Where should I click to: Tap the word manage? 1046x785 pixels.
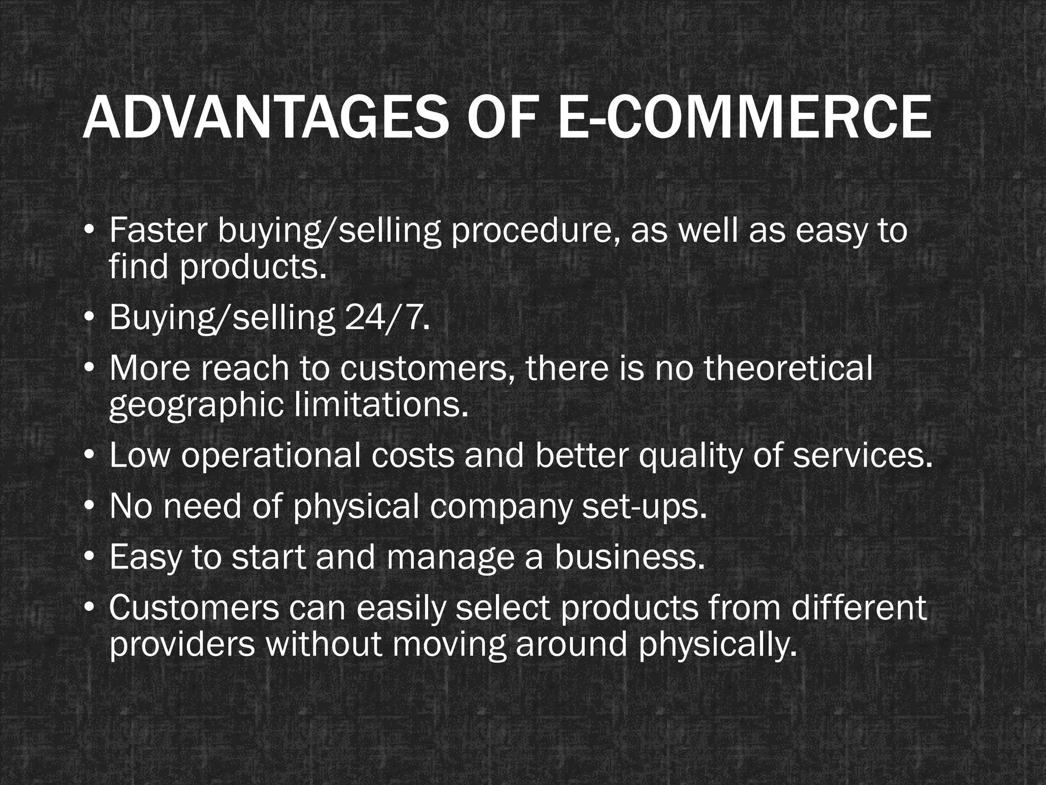pos(450,558)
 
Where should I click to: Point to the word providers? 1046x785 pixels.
pos(182,645)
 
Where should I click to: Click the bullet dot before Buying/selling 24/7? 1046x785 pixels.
pos(89,318)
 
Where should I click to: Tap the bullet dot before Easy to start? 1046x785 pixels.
pos(89,558)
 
